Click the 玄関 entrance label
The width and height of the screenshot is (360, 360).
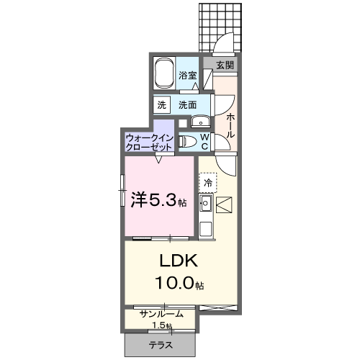pyautogui.click(x=225, y=65)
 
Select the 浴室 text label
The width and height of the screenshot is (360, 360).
pyautogui.click(x=188, y=76)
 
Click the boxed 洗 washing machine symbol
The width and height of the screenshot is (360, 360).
pyautogui.click(x=161, y=104)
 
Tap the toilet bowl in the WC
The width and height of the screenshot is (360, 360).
pyautogui.click(x=185, y=141)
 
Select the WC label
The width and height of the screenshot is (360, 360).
pyautogui.click(x=204, y=140)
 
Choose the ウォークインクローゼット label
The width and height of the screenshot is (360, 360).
pyautogui.click(x=148, y=141)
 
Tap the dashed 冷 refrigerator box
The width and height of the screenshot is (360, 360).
pyautogui.click(x=207, y=183)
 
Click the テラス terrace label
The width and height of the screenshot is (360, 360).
pyautogui.click(x=161, y=346)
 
